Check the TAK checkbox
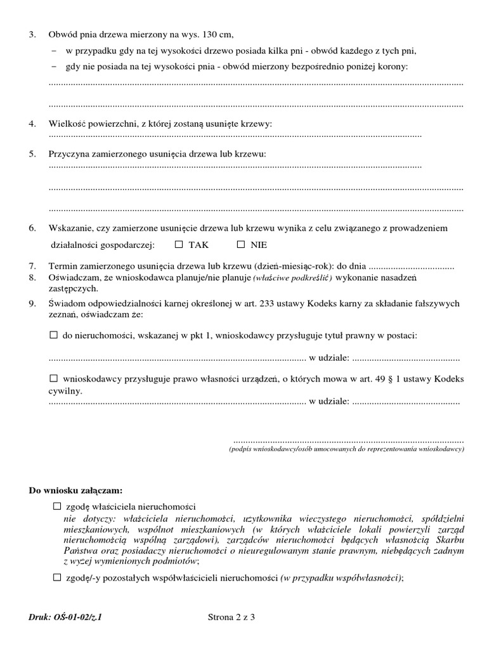point(179,244)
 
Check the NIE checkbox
point(241,244)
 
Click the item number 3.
point(32,34)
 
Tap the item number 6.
point(32,228)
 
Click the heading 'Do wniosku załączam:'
point(76,491)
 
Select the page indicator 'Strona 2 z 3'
point(231,616)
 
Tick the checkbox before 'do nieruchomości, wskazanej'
point(54,334)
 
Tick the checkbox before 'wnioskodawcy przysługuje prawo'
point(54,378)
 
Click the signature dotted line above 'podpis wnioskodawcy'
point(349,440)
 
